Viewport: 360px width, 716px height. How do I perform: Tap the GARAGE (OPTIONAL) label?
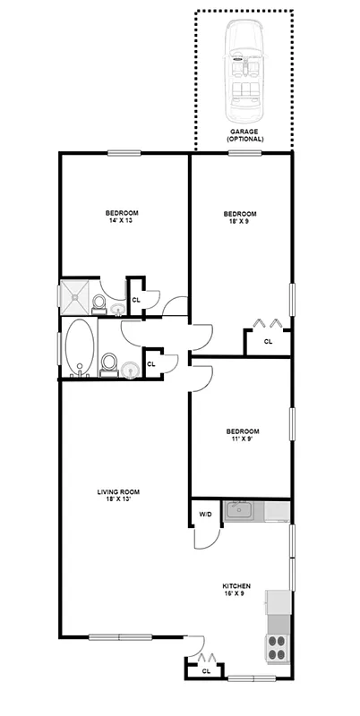click(x=244, y=136)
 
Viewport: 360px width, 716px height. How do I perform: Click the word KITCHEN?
click(x=236, y=586)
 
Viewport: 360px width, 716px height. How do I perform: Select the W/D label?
click(x=205, y=514)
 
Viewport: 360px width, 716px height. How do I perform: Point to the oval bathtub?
click(x=78, y=346)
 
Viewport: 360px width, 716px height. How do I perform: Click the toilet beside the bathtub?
click(x=109, y=362)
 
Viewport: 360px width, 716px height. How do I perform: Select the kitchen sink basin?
click(x=239, y=512)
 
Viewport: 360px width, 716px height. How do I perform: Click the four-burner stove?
click(x=276, y=647)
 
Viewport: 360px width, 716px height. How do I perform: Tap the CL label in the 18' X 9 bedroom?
click(x=268, y=342)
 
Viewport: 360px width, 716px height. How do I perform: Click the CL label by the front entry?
click(x=206, y=670)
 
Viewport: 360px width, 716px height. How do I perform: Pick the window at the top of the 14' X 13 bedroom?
click(x=126, y=153)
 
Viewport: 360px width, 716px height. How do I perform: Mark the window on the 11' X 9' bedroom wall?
click(x=292, y=423)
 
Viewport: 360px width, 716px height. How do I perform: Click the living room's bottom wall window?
click(x=121, y=637)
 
